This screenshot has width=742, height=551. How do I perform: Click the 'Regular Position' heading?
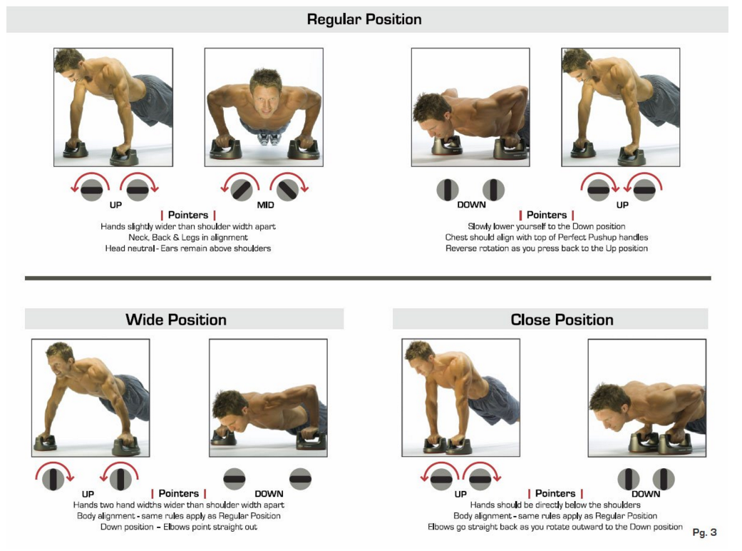click(x=364, y=19)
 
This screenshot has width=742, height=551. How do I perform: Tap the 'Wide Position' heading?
click(x=176, y=319)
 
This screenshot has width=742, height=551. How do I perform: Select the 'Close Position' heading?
click(x=562, y=319)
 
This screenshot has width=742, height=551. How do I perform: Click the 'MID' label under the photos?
click(x=266, y=205)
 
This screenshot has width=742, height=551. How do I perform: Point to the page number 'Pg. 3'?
click(x=704, y=532)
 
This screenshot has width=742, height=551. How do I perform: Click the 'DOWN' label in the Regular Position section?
click(x=471, y=205)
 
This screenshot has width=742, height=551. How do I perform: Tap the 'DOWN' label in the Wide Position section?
click(x=269, y=494)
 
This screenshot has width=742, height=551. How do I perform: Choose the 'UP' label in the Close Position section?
click(x=460, y=494)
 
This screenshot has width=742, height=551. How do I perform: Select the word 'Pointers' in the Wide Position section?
click(x=179, y=494)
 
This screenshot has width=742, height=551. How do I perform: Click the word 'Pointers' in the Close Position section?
click(x=555, y=494)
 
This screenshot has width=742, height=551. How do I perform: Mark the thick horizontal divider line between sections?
click(x=368, y=278)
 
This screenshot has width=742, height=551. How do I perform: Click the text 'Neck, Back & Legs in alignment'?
click(x=188, y=237)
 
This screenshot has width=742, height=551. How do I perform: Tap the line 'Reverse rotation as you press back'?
click(x=547, y=248)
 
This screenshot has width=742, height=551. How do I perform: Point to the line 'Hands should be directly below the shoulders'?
click(x=555, y=505)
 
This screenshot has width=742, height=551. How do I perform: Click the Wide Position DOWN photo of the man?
click(x=268, y=398)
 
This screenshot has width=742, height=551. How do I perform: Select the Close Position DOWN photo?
click(x=646, y=398)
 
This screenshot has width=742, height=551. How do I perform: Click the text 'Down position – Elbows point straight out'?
click(x=179, y=527)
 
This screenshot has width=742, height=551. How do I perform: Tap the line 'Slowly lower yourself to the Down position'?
click(x=547, y=226)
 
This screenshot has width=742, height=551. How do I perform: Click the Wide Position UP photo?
click(x=91, y=398)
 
